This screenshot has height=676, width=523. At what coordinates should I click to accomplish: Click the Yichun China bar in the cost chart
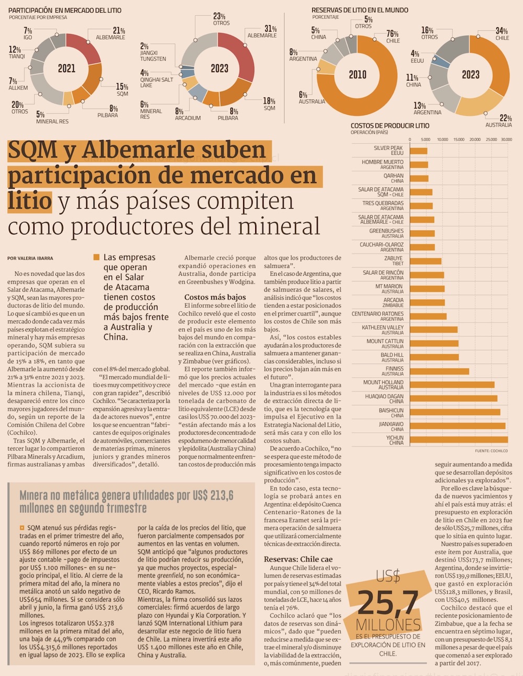click(459, 440)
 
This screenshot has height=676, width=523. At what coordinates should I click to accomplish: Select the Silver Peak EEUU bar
click(418, 151)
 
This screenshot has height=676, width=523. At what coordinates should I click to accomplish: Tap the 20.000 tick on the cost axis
click(475, 140)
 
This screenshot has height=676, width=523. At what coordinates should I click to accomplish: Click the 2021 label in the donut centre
click(66, 69)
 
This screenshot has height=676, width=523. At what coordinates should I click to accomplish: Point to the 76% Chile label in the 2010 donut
click(392, 37)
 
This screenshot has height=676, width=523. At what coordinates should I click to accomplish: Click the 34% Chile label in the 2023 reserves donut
click(502, 34)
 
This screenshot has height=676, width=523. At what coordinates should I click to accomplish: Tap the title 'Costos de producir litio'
click(390, 126)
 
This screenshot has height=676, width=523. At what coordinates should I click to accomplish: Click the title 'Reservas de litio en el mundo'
click(360, 10)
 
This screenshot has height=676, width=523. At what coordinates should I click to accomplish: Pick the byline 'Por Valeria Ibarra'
click(30, 258)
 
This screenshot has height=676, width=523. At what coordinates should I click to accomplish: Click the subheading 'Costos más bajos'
click(215, 297)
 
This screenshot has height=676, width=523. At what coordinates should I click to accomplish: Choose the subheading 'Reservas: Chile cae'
click(298, 559)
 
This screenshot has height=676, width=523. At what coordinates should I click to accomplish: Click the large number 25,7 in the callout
click(388, 603)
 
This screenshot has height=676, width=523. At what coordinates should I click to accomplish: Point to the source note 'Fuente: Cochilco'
click(491, 450)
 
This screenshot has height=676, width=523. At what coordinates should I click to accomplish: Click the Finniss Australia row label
click(394, 371)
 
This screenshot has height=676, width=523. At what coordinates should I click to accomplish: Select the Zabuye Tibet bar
click(426, 261)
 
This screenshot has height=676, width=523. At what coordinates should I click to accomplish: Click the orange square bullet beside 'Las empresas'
click(96, 257)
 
